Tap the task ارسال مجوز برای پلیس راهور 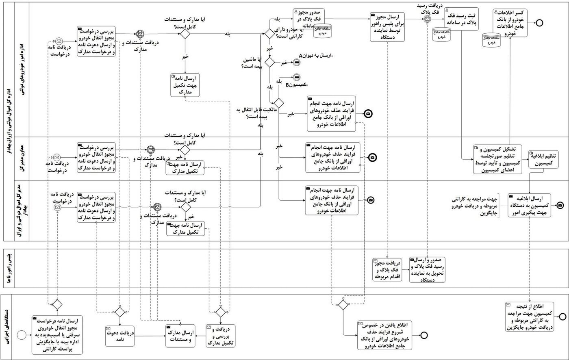tap(387, 26)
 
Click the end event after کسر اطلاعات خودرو tap(540, 23)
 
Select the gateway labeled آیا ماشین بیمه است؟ tap(269, 63)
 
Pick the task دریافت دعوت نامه tap(120, 336)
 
